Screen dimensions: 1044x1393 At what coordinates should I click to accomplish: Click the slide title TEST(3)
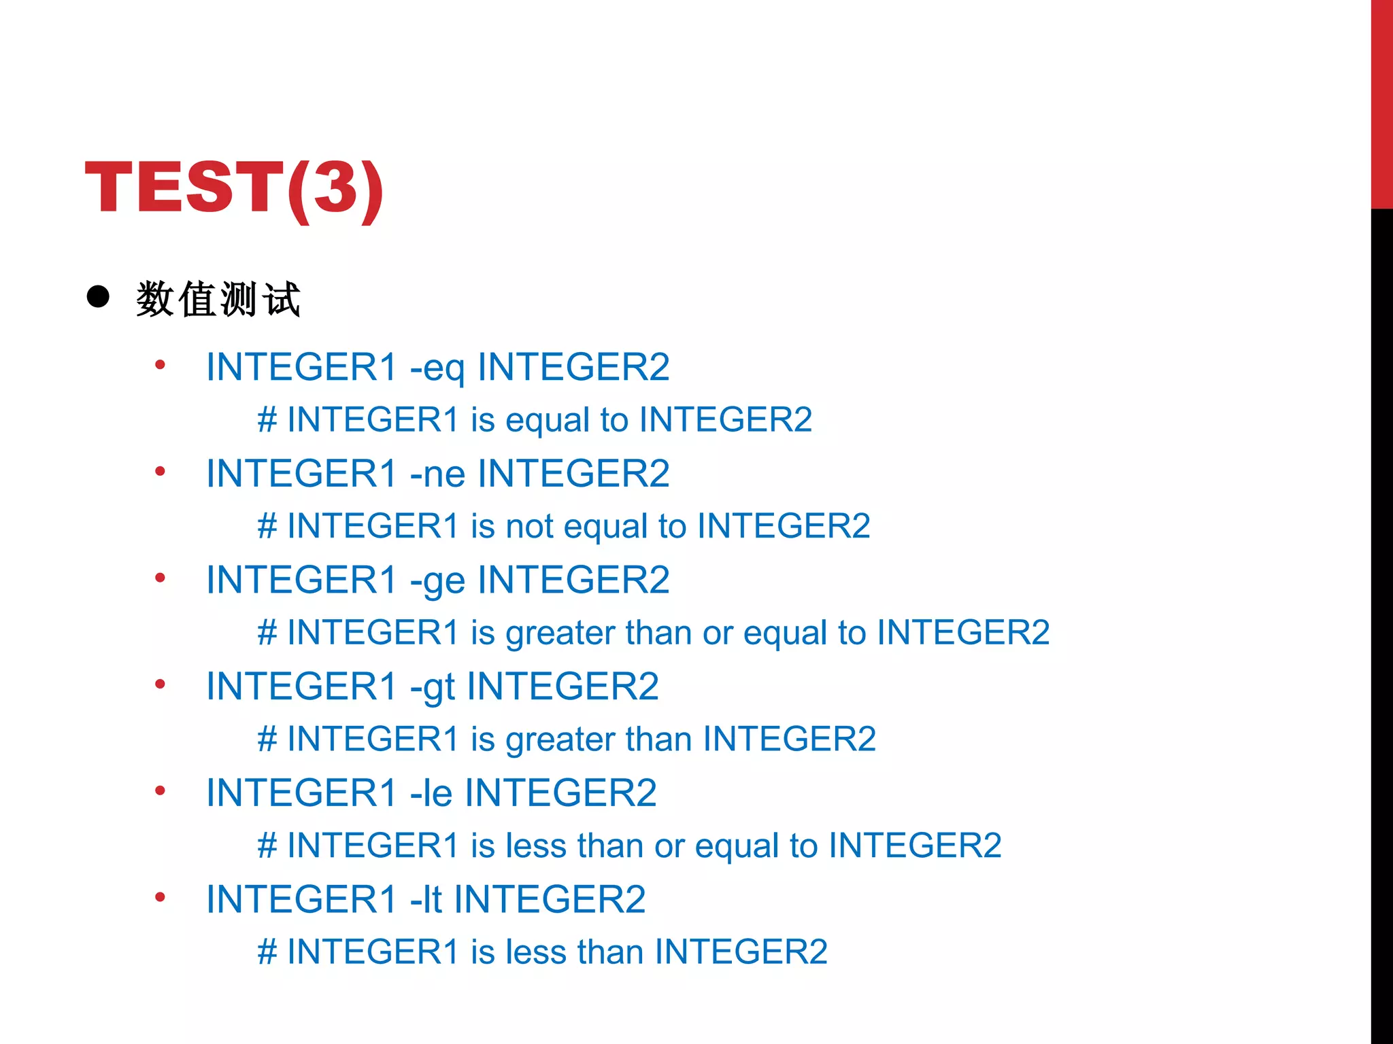tap(234, 188)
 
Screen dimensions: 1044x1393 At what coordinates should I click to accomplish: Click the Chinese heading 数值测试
tap(218, 299)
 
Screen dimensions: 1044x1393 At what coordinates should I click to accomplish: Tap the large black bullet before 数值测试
tap(99, 297)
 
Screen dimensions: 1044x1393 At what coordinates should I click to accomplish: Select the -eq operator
tap(437, 368)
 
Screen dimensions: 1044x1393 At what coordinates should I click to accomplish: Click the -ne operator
tap(437, 474)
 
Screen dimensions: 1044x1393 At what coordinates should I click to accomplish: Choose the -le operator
tap(431, 793)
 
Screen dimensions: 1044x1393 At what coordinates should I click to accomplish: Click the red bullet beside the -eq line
tap(161, 365)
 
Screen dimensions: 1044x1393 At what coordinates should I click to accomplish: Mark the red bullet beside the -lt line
tap(161, 897)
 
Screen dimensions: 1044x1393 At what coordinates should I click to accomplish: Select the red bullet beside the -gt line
tap(161, 684)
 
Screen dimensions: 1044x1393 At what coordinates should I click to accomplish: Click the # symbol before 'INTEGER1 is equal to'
tap(267, 419)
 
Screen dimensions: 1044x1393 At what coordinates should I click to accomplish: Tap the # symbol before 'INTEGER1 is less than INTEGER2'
tap(267, 952)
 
